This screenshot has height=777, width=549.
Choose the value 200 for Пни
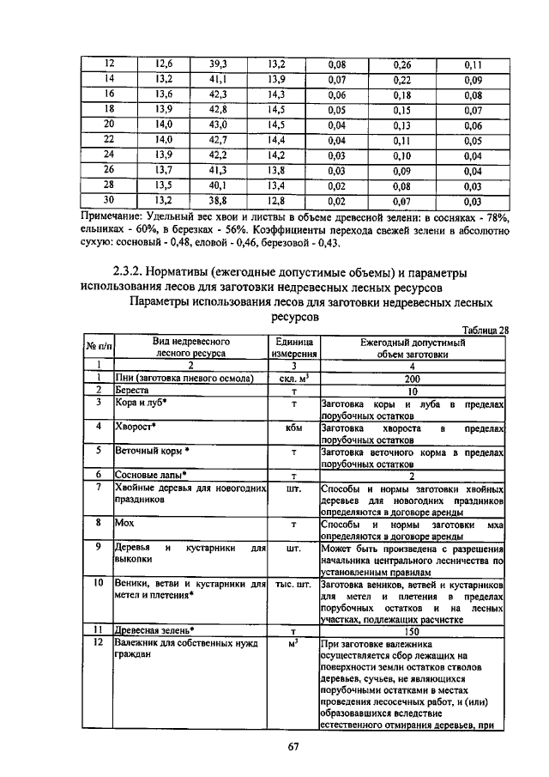coord(413,378)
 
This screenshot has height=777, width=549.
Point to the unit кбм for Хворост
coord(293,427)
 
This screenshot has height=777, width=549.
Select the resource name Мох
coord(122,522)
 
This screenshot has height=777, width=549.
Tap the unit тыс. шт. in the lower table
coord(293,583)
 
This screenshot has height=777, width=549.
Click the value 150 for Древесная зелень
coord(413,630)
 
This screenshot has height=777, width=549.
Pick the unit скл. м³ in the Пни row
coord(293,378)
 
